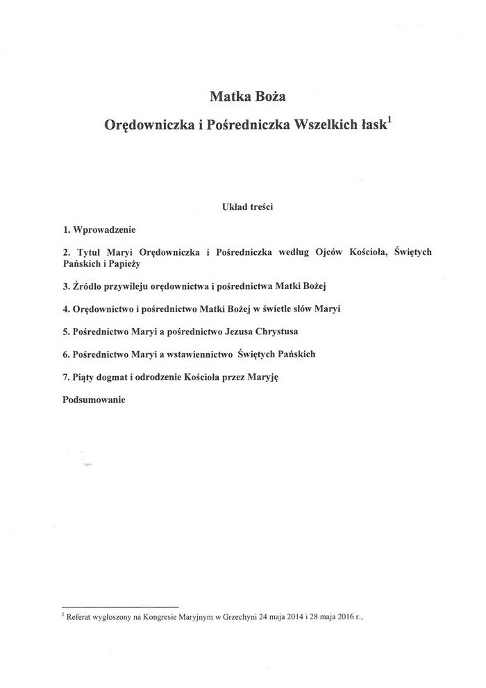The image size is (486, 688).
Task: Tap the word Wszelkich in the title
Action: click(326, 126)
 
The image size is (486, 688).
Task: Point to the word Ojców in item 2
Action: click(336, 252)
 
